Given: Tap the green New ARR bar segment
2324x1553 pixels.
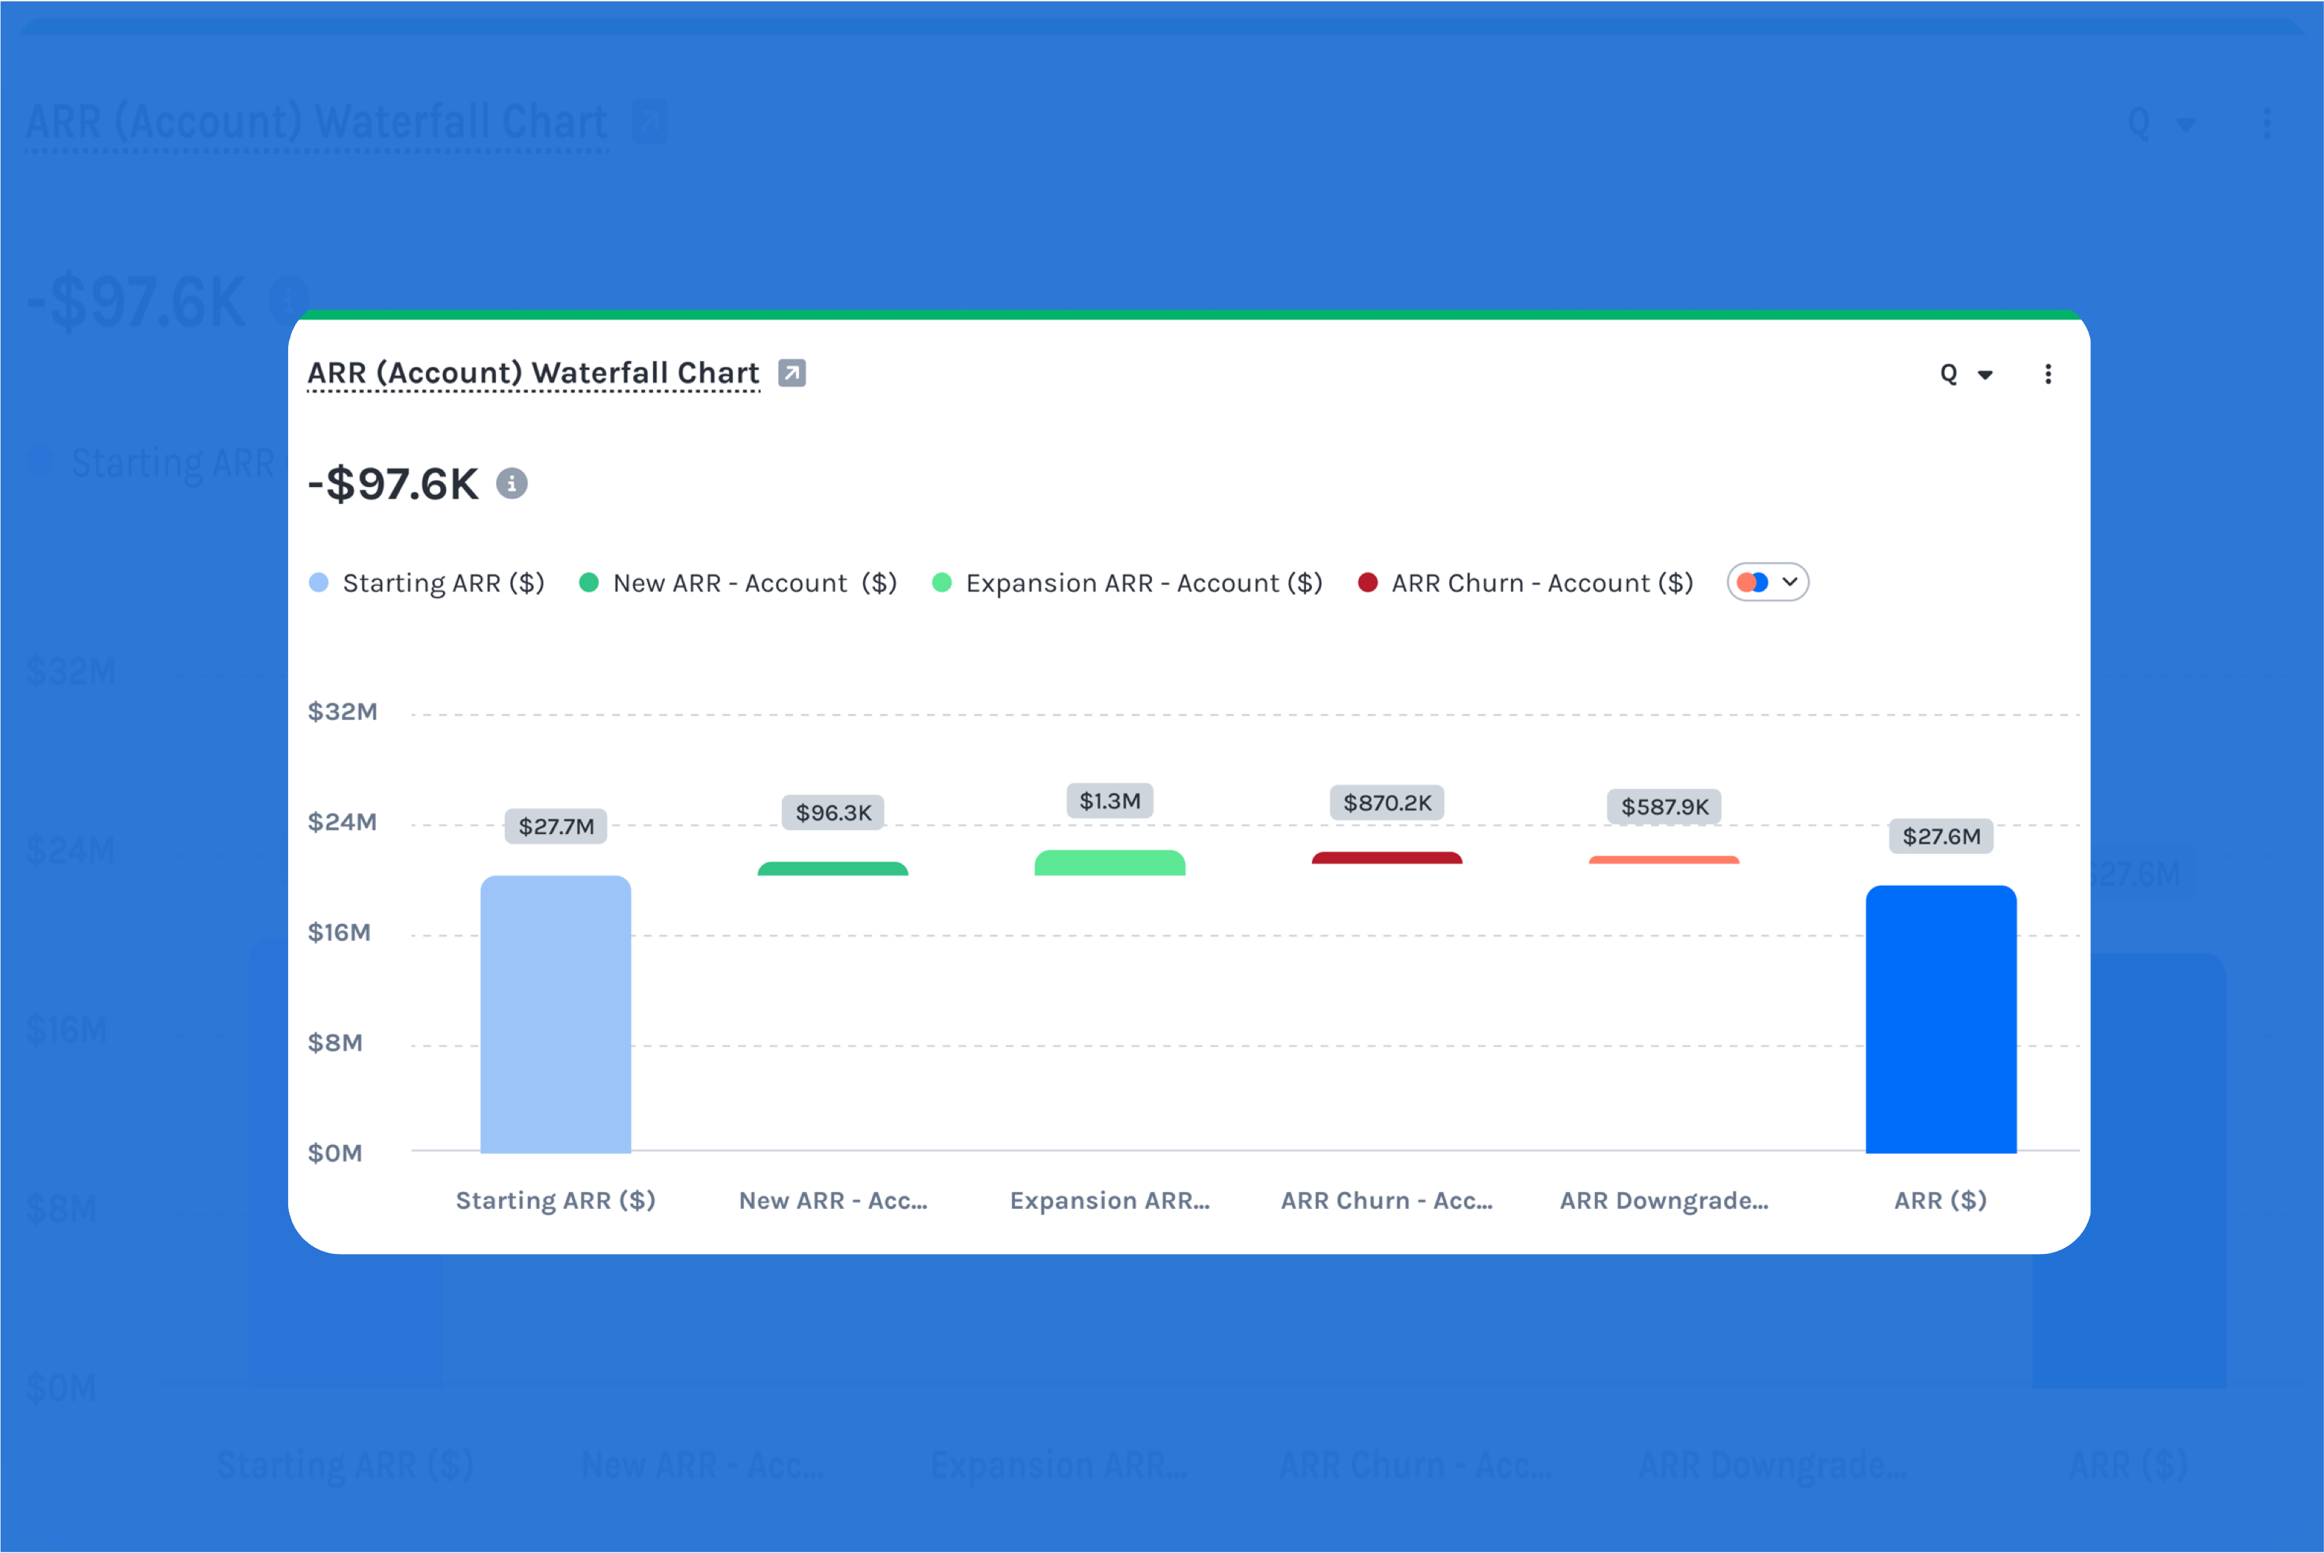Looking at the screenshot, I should pyautogui.click(x=832, y=869).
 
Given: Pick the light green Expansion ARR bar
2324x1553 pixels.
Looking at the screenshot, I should pyautogui.click(x=1109, y=863).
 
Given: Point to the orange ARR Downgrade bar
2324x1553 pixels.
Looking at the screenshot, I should pyautogui.click(x=1664, y=860).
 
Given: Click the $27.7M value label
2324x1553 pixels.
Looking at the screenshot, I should pyautogui.click(x=556, y=826).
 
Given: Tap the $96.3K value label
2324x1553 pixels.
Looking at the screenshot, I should pyautogui.click(x=833, y=812).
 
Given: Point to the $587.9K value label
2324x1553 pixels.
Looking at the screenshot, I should pyautogui.click(x=1664, y=806).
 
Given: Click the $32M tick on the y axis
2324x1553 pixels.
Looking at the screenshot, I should pyautogui.click(x=342, y=711).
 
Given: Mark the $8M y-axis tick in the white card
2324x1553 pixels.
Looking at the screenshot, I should pyautogui.click(x=335, y=1042).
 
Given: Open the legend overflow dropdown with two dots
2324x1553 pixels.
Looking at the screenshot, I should pyautogui.click(x=1768, y=582).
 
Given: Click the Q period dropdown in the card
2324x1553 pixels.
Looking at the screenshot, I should pyautogui.click(x=1964, y=374).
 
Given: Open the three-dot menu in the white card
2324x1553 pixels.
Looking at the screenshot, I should pyautogui.click(x=2048, y=374).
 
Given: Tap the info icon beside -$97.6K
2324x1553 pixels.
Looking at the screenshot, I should pyautogui.click(x=511, y=483).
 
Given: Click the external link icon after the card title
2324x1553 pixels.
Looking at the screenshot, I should pyautogui.click(x=791, y=372).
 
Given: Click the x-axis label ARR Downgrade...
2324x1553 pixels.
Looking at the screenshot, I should pyautogui.click(x=1664, y=1199).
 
